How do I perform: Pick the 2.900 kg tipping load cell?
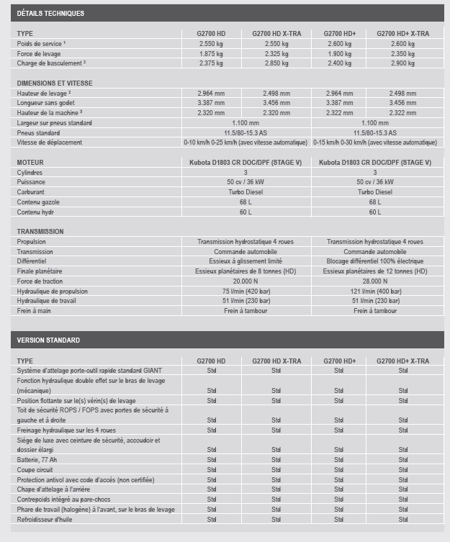pos(402,63)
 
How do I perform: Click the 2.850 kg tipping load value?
pos(276,63)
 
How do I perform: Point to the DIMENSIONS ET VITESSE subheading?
pos(55,83)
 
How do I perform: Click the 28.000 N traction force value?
pos(374,281)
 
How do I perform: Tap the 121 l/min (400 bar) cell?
pos(374,291)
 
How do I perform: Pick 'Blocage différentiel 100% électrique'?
pos(374,261)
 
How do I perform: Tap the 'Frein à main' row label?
pos(35,310)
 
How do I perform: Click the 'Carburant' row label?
pos(32,192)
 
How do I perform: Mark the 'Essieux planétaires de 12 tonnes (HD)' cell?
pos(374,271)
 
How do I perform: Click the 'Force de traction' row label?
pos(42,281)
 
